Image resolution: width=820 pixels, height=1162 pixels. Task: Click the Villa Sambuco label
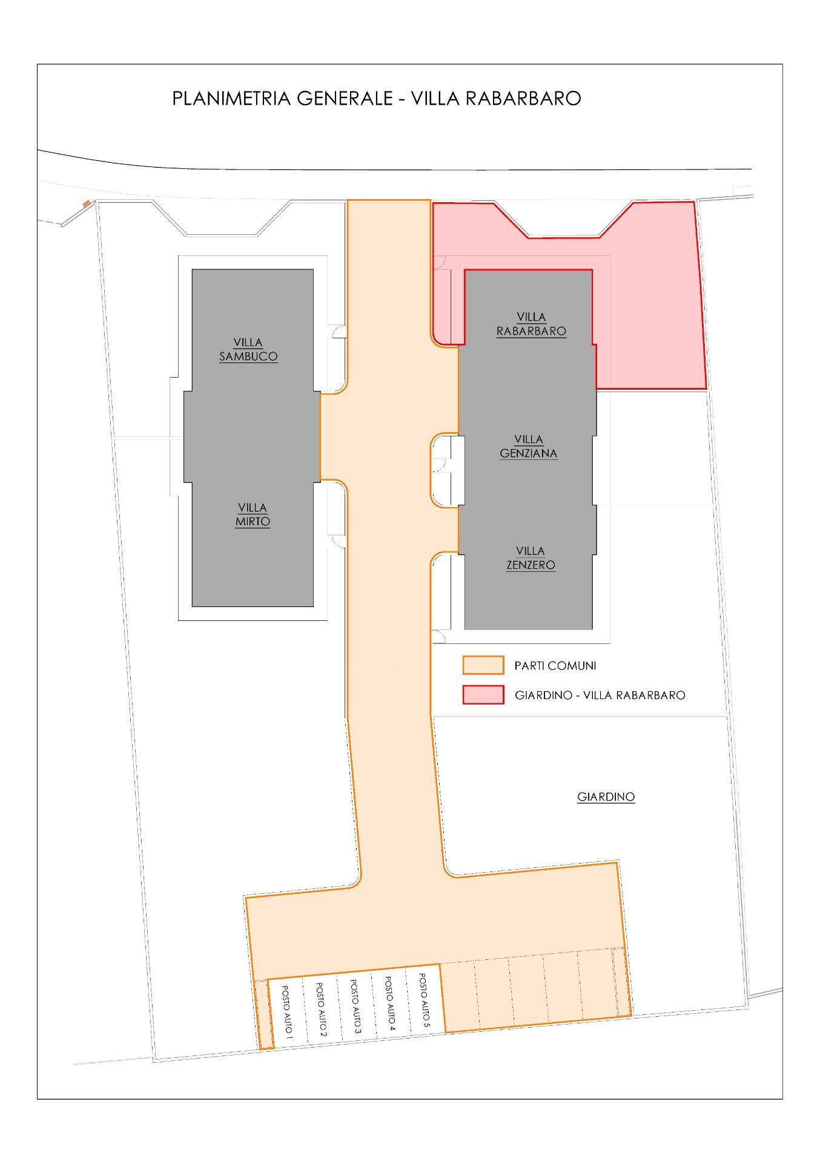(x=248, y=350)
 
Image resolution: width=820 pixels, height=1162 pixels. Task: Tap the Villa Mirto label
(x=253, y=515)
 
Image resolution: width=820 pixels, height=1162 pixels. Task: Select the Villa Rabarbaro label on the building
(x=531, y=324)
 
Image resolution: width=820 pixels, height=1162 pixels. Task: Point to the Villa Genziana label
(x=529, y=447)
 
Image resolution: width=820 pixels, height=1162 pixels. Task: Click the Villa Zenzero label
(x=531, y=558)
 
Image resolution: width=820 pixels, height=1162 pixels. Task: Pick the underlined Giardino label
(x=606, y=797)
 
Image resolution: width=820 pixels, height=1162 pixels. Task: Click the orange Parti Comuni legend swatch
(x=483, y=665)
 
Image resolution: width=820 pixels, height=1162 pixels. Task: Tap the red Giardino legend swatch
(x=483, y=695)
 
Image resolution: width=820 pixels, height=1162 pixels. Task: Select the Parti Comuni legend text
(x=555, y=666)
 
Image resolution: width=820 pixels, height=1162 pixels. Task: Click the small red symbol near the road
(x=87, y=203)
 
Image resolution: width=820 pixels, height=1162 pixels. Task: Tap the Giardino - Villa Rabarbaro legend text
(x=600, y=695)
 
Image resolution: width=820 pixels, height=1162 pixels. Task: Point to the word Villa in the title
(x=435, y=98)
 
